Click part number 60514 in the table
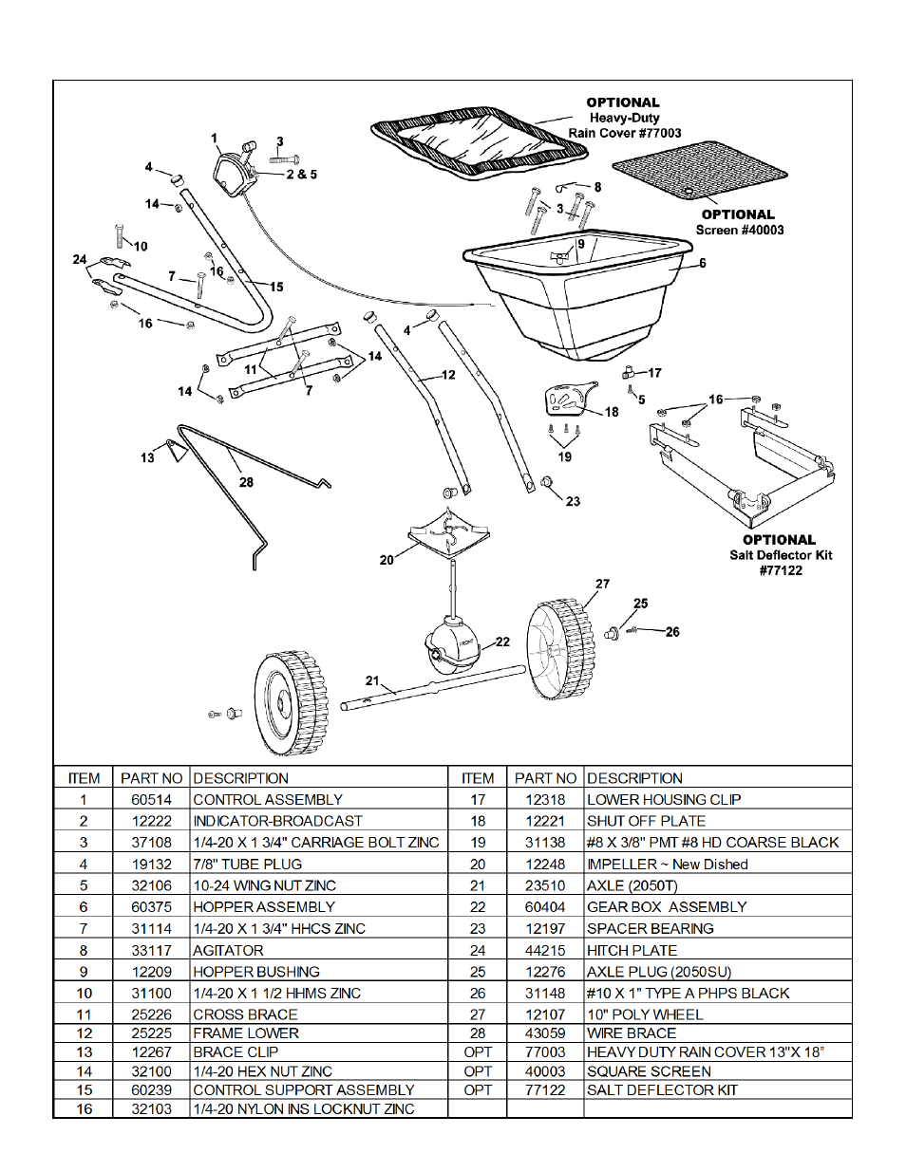pyautogui.click(x=151, y=800)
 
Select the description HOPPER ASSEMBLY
pyautogui.click(x=264, y=907)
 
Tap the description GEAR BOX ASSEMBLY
pyautogui.click(x=667, y=907)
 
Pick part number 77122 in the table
pyautogui.click(x=545, y=1090)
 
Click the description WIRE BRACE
pyautogui.click(x=632, y=1032)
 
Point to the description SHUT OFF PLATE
pyautogui.click(x=646, y=821)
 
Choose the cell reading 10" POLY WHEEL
pyautogui.click(x=645, y=1014)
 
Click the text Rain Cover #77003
pyautogui.click(x=625, y=134)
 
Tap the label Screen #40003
pyautogui.click(x=740, y=230)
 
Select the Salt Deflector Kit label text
pyautogui.click(x=781, y=555)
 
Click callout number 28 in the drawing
pyautogui.click(x=246, y=482)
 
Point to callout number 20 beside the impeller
pyautogui.click(x=387, y=560)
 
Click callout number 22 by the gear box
pyautogui.click(x=502, y=642)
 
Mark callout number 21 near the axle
pyautogui.click(x=372, y=680)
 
